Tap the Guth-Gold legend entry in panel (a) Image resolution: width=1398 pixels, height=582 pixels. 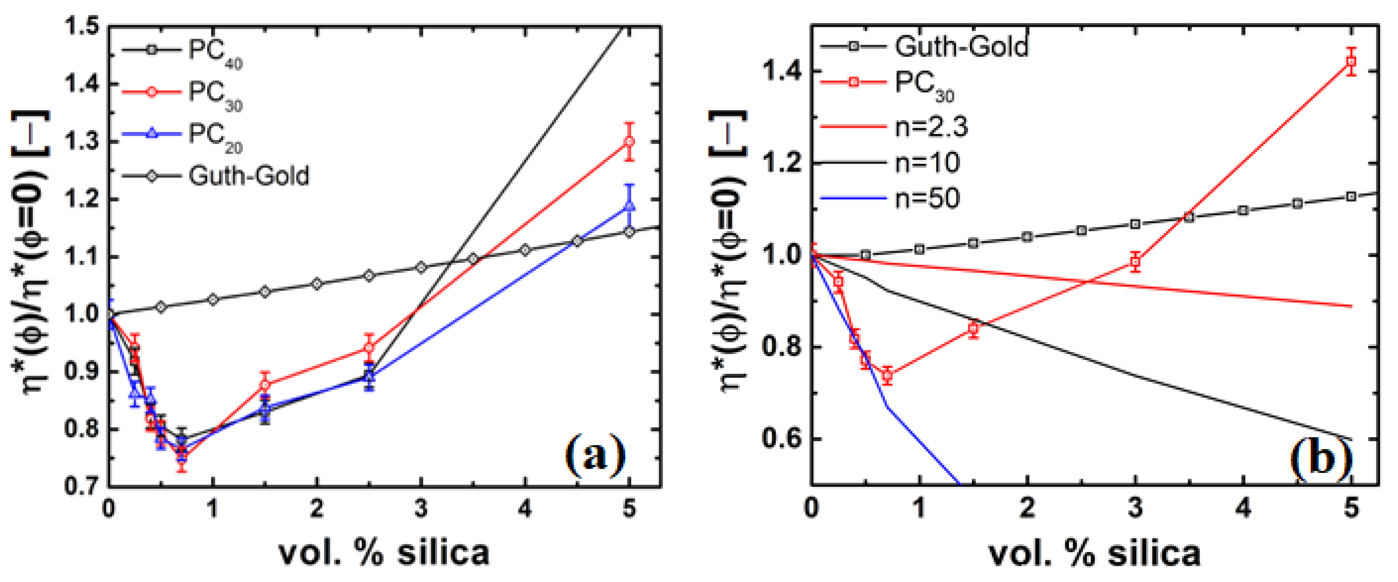(248, 176)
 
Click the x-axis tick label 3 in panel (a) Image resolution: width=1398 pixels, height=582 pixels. (421, 509)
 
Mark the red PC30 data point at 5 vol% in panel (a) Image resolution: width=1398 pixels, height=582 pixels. (629, 142)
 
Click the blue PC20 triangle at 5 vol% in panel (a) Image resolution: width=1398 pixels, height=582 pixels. (629, 206)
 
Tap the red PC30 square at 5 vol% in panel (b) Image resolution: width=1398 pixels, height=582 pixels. (1351, 61)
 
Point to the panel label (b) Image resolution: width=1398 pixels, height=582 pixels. (1320, 458)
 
